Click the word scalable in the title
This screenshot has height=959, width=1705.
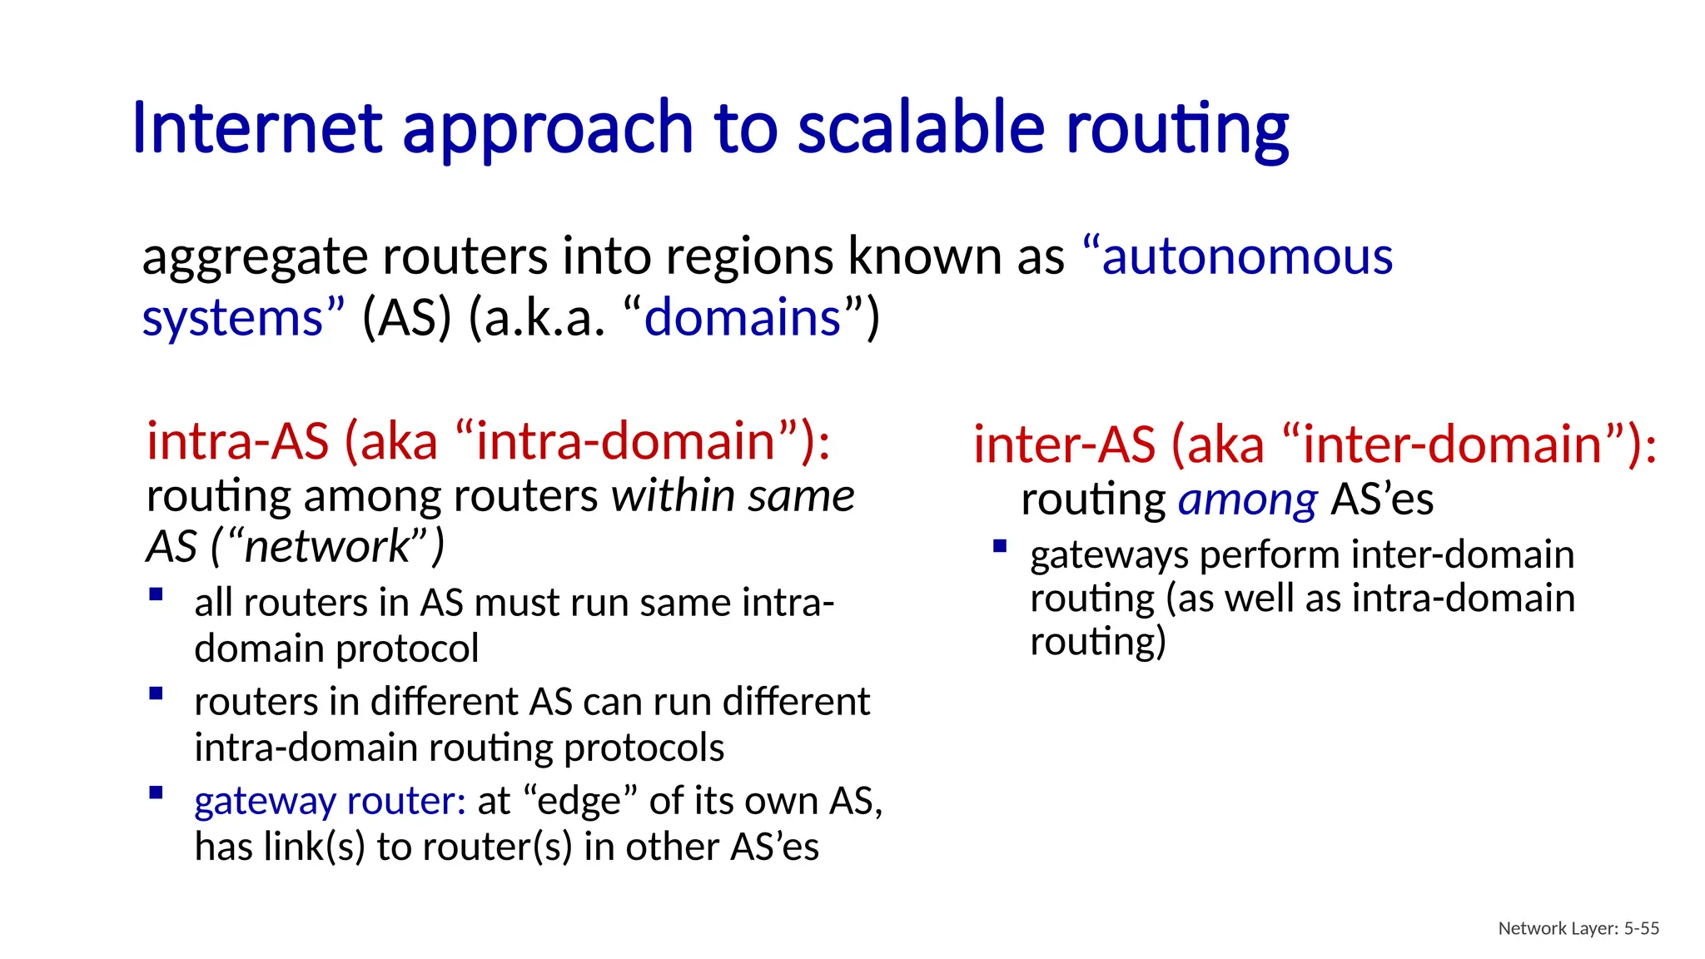click(920, 129)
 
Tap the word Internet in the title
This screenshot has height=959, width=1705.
click(256, 129)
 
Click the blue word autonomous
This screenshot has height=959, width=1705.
click(1246, 256)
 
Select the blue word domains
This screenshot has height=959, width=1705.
click(742, 319)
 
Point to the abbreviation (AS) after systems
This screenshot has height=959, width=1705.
click(406, 319)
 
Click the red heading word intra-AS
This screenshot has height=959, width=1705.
click(238, 441)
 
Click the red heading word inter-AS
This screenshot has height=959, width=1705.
click(1065, 445)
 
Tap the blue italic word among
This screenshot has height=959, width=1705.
click(1247, 499)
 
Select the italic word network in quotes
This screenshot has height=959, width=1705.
click(327, 547)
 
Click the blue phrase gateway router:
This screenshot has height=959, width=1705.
click(330, 801)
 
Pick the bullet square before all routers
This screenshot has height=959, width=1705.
click(156, 594)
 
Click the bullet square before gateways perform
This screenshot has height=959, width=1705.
click(1000, 547)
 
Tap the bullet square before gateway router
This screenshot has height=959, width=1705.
click(156, 793)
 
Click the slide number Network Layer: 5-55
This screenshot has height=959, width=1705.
click(1578, 928)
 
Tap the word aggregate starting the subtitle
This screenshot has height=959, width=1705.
click(254, 256)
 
